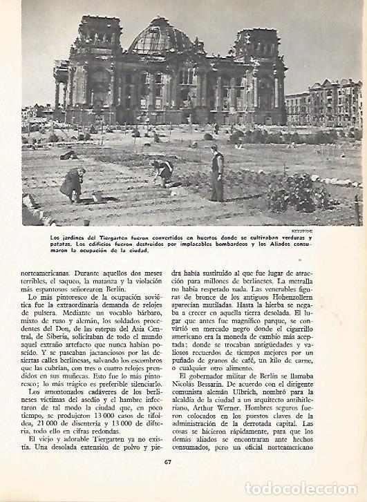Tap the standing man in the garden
217,174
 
